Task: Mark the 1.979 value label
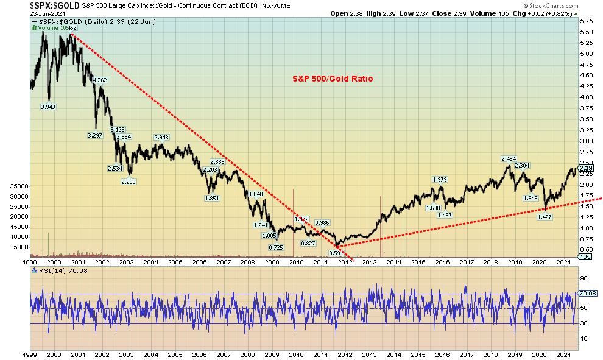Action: pyautogui.click(x=440, y=179)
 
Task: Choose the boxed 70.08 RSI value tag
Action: pyautogui.click(x=587, y=293)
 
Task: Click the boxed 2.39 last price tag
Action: pyautogui.click(x=585, y=168)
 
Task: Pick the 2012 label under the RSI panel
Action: pyautogui.click(x=345, y=354)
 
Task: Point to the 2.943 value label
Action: pyautogui.click(x=161, y=137)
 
